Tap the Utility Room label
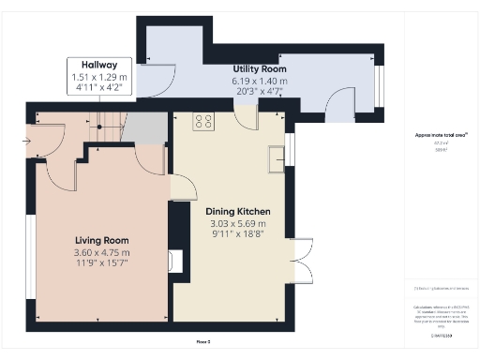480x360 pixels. tap(260, 69)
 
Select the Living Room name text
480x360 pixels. tap(101, 241)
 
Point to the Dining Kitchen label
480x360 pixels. tap(237, 213)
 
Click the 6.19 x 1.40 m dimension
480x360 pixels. tap(261, 81)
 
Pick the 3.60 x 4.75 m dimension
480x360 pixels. tap(101, 253)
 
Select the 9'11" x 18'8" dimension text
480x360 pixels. tap(237, 235)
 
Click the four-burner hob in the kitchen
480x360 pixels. tap(203, 120)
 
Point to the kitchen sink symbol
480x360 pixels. tap(277, 158)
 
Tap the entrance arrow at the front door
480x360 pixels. tap(24, 142)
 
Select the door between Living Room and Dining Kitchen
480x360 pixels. tap(184, 187)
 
